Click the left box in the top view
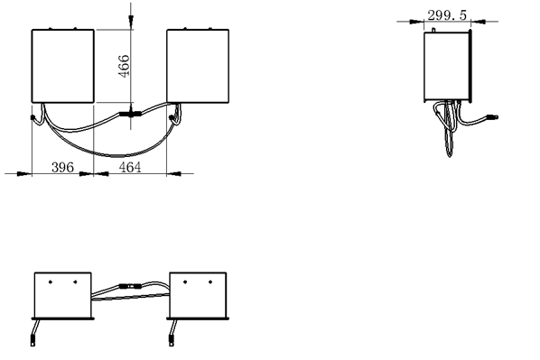coord(63,65)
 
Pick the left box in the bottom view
coord(62,294)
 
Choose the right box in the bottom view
coord(198,294)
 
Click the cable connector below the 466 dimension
coord(131,114)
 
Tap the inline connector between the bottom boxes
coord(129,287)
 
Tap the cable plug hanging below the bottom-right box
coord(169,340)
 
